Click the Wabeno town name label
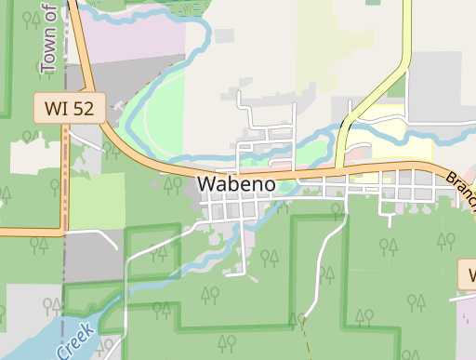[236, 183]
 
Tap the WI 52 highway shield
[70, 108]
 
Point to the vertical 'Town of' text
[49, 37]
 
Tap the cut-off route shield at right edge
[468, 274]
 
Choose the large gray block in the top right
[442, 84]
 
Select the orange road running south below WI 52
[65, 177]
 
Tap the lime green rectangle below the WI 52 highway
[97, 201]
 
